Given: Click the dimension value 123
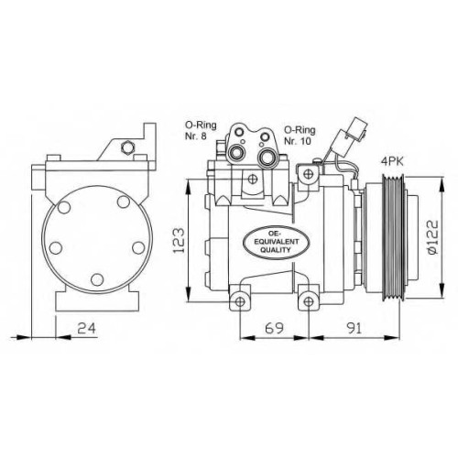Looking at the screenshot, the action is (x=179, y=240).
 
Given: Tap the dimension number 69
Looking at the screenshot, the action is (x=274, y=328).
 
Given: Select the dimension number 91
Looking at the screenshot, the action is (x=354, y=328).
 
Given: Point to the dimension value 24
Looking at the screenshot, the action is (x=86, y=328).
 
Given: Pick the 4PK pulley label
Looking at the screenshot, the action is (x=392, y=161).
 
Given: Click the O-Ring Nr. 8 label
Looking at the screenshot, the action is (x=201, y=130).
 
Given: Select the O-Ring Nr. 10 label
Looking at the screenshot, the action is (x=300, y=136).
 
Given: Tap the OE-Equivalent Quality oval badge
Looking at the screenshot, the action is (x=276, y=242).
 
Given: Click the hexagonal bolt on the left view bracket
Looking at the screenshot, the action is (x=127, y=147).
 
